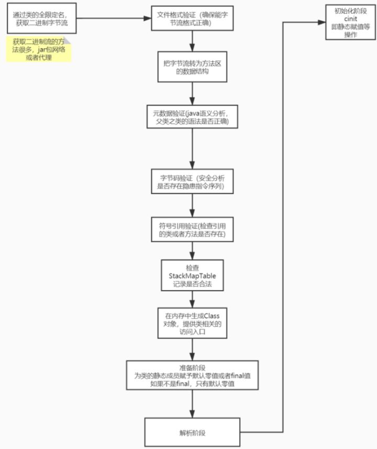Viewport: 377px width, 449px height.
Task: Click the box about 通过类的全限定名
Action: click(x=40, y=19)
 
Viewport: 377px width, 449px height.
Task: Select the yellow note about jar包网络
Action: click(x=39, y=49)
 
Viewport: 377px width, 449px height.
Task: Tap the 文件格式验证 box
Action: click(x=192, y=18)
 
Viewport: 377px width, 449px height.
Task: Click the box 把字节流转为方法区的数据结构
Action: click(x=192, y=67)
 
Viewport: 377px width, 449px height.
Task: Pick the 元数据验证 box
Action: click(x=192, y=116)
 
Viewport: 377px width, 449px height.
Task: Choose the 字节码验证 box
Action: click(x=192, y=180)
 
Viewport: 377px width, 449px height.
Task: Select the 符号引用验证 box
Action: click(x=192, y=229)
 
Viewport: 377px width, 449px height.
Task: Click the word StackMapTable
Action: click(x=192, y=275)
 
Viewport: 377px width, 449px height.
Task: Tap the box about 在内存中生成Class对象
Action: click(x=192, y=324)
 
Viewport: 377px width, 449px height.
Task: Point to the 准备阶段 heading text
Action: click(x=192, y=368)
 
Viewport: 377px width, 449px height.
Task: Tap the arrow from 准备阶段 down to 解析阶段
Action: click(x=192, y=404)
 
